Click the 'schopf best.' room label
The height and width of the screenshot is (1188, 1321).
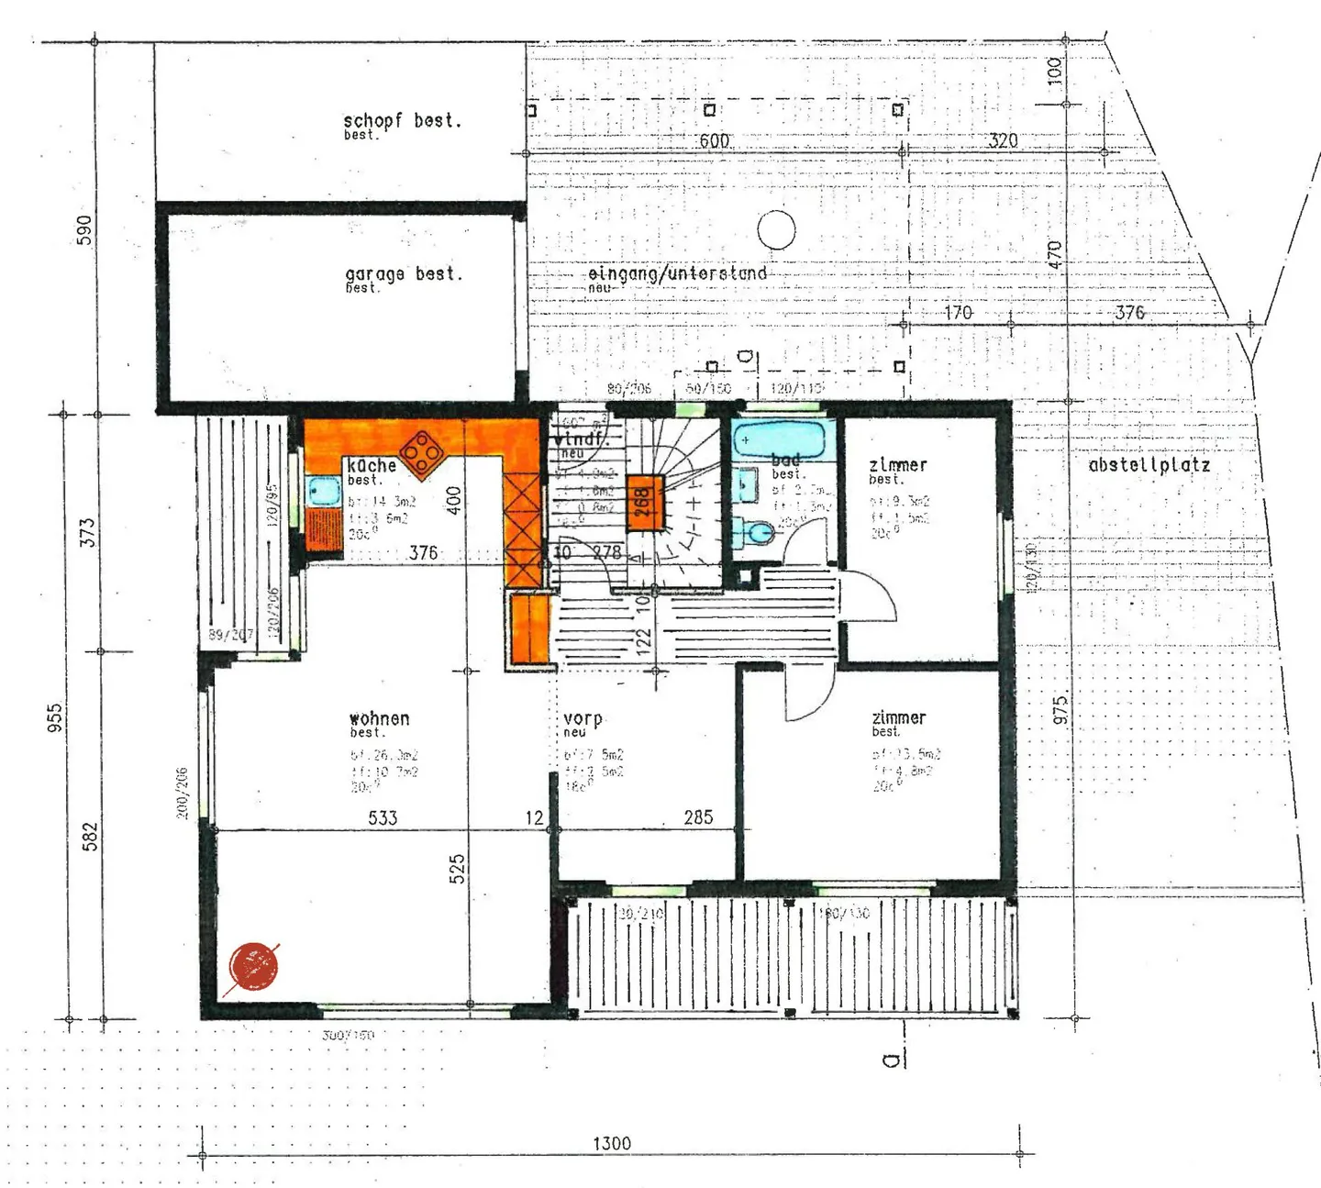pos(402,121)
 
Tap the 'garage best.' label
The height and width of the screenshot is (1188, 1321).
pos(404,274)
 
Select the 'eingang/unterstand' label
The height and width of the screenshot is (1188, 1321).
pos(677,273)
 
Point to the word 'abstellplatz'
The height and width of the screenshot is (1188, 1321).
pos(1149,465)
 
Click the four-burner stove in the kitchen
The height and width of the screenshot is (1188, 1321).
pos(423,453)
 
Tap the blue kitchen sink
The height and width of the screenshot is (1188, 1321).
pos(324,491)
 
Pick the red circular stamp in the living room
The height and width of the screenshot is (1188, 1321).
pos(252,966)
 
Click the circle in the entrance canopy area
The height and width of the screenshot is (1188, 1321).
pos(776,230)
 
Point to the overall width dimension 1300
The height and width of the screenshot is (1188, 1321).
pos(612,1143)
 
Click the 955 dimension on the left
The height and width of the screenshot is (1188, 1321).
pos(55,717)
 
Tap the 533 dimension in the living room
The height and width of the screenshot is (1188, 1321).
pos(383,817)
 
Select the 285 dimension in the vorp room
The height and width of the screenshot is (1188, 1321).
pos(698,816)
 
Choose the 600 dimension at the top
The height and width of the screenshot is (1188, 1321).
pos(715,141)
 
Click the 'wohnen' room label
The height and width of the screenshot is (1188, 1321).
pos(379,718)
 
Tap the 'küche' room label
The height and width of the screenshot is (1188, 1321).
pos(372,466)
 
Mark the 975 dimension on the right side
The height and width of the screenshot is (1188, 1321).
pos(1060,711)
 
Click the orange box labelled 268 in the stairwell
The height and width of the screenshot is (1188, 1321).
pos(644,503)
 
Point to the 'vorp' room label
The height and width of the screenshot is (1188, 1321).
pos(583,718)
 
